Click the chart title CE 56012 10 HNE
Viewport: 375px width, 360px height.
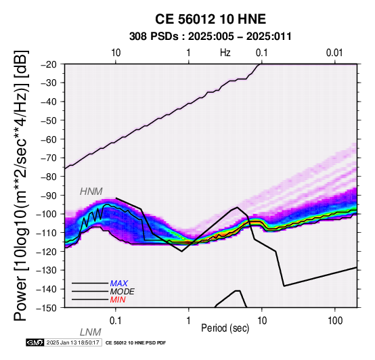pyautogui.click(x=211, y=19)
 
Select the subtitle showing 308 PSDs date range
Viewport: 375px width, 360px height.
pyautogui.click(x=211, y=37)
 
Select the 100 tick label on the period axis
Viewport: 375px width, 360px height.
pyautogui.click(x=335, y=321)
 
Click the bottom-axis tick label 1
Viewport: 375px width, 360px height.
pyautogui.click(x=189, y=321)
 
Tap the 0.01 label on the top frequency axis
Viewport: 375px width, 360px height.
pyautogui.click(x=334, y=53)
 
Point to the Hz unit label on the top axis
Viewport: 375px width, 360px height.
pyautogui.click(x=225, y=53)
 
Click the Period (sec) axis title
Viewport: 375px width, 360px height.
pyautogui.click(x=225, y=328)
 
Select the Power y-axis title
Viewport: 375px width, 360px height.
pyautogui.click(x=21, y=185)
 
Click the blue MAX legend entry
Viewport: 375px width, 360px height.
pyautogui.click(x=119, y=284)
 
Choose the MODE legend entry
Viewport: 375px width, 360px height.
pyautogui.click(x=123, y=292)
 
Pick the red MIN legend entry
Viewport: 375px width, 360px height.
pyautogui.click(x=118, y=300)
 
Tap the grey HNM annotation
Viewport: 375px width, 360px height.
pyautogui.click(x=91, y=192)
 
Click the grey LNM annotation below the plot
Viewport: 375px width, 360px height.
pyautogui.click(x=91, y=332)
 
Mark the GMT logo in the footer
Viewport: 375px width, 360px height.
pyautogui.click(x=35, y=342)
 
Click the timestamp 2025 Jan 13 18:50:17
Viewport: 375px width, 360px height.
pyautogui.click(x=73, y=342)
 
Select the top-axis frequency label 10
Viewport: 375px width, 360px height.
pyautogui.click(x=116, y=53)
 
